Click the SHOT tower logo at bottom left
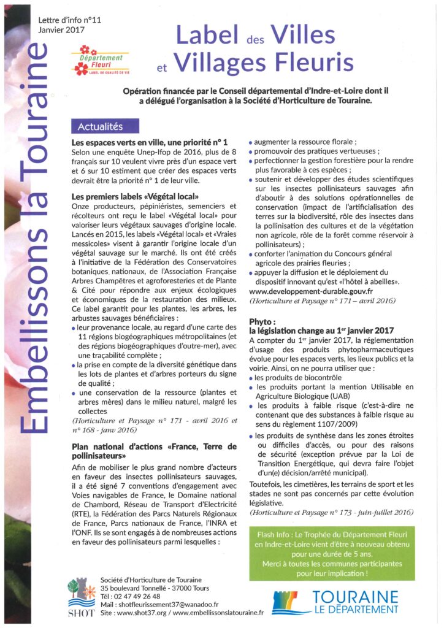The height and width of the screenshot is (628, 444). [x=81, y=595]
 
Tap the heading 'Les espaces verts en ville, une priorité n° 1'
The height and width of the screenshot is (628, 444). [x=150, y=142]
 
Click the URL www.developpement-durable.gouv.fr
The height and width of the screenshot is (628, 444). [x=312, y=291]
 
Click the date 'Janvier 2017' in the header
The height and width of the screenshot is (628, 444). [x=61, y=29]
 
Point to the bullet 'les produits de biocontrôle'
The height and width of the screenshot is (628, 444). [x=297, y=378]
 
